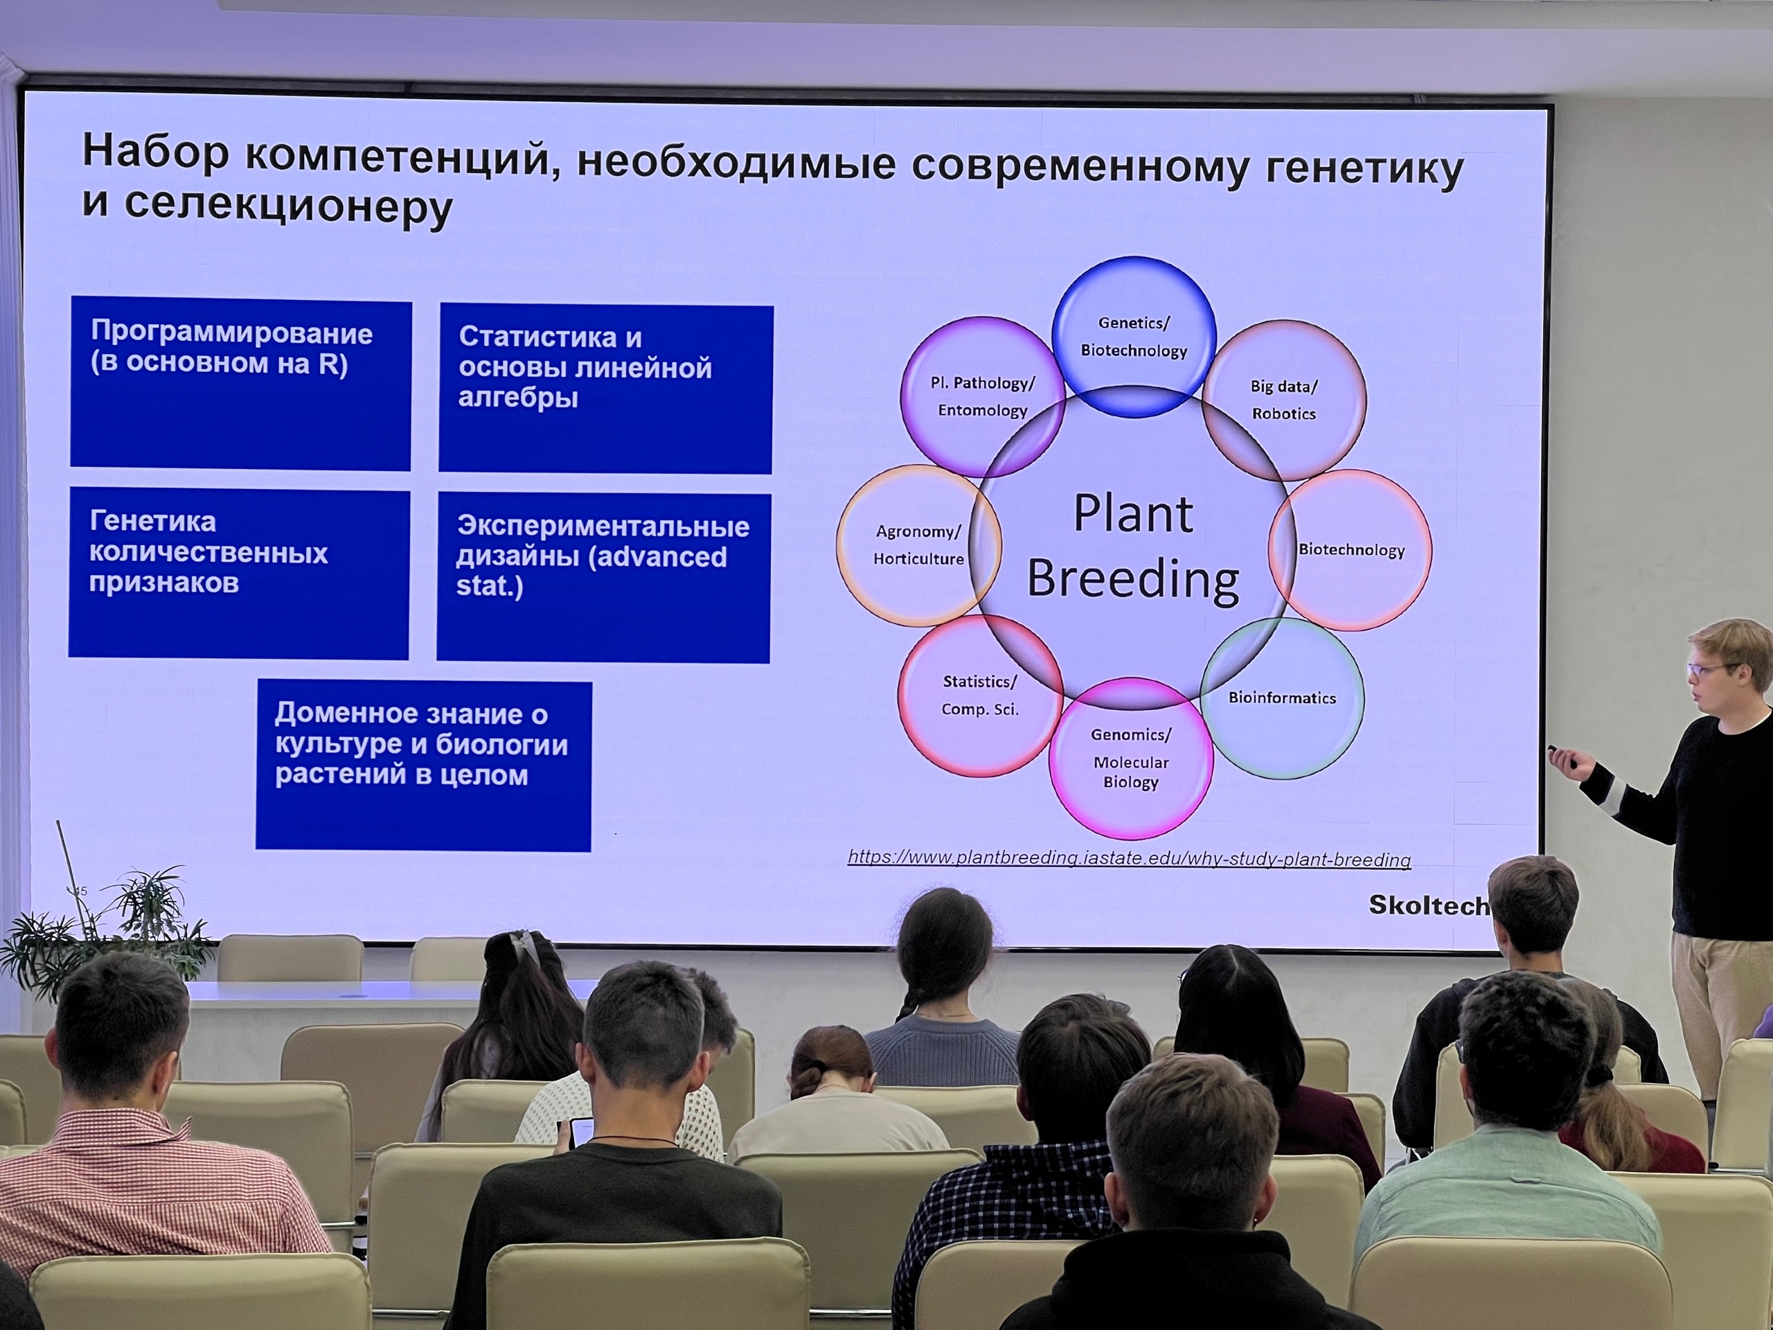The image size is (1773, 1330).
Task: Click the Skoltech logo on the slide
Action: pos(1428,905)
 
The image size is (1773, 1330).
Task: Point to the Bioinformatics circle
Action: pos(1282,698)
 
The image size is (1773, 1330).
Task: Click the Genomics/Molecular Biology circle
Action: pos(1131,759)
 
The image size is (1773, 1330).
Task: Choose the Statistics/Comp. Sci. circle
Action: pos(980,695)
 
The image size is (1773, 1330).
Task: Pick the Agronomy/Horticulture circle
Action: pos(918,545)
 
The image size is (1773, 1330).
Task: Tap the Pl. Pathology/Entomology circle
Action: pos(983,397)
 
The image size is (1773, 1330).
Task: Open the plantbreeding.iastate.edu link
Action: pos(1130,858)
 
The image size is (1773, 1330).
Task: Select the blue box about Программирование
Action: pos(240,383)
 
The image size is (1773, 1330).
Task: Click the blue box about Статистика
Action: pos(606,388)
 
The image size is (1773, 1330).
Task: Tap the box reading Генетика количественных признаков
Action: pos(239,573)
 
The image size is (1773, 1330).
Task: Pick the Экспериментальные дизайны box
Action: pos(603,577)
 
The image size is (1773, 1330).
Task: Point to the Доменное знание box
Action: pos(424,765)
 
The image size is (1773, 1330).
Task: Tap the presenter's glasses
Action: pos(1713,668)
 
